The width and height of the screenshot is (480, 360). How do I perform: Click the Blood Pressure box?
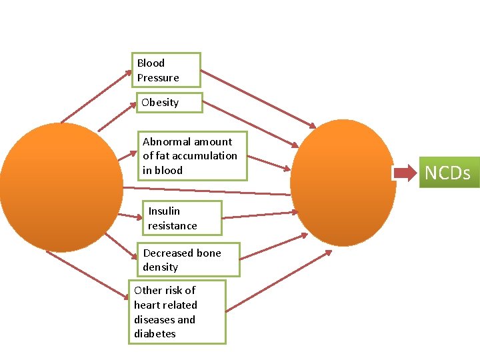[166, 70]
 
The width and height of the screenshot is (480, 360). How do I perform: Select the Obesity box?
[169, 103]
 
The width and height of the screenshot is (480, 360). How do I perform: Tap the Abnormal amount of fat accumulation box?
[192, 156]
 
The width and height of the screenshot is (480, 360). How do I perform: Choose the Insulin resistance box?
[181, 219]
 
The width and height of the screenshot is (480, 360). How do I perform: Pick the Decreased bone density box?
[191, 260]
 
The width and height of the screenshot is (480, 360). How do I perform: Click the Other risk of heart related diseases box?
[177, 312]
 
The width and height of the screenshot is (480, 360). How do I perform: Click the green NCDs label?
[447, 173]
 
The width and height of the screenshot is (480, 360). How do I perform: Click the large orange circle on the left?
[61, 187]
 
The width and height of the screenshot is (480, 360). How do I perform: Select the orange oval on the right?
[343, 183]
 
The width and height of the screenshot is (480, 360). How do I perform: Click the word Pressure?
[158, 78]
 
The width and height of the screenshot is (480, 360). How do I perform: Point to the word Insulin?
[164, 211]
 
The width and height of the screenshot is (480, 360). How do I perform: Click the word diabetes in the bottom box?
[155, 334]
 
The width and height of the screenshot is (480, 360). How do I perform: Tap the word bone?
[208, 253]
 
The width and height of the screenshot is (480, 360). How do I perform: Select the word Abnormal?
[165, 141]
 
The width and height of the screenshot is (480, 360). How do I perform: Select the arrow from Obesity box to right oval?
[251, 123]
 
